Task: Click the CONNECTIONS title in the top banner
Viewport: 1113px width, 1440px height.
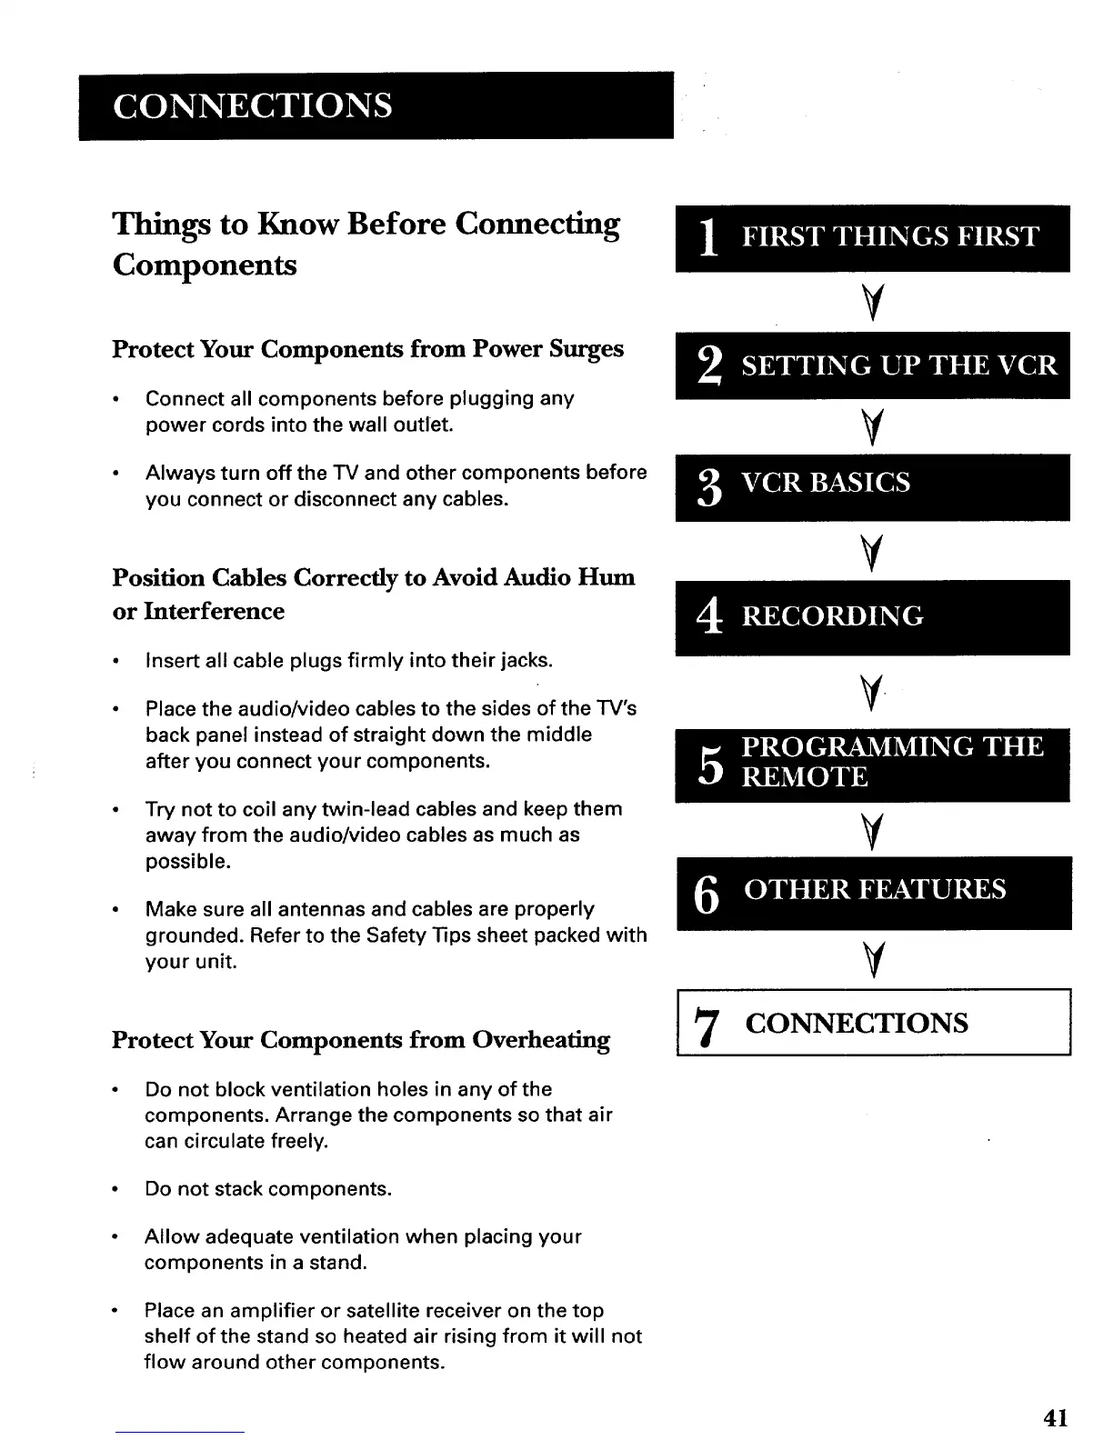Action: coord(253,105)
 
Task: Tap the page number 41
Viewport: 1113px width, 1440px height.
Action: coord(1056,1417)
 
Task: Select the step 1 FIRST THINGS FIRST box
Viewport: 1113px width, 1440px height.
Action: coord(872,238)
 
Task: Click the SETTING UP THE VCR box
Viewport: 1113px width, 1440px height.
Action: coord(872,365)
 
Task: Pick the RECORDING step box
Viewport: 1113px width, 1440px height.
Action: coord(872,617)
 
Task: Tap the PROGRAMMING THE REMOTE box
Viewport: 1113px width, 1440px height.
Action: coord(872,764)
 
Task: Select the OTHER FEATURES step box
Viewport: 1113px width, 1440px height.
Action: coord(872,891)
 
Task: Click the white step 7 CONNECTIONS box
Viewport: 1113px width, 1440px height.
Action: coord(872,1023)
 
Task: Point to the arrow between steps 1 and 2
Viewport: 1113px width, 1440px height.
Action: coord(873,301)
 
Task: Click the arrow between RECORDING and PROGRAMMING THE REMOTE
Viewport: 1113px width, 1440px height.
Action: coord(871,695)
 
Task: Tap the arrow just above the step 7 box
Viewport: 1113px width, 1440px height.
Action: coord(873,960)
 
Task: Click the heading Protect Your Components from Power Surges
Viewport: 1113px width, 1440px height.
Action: coord(367,349)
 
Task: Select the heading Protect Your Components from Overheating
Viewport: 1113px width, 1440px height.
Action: coord(360,1039)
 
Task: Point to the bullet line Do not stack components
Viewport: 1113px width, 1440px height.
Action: coord(268,1189)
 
